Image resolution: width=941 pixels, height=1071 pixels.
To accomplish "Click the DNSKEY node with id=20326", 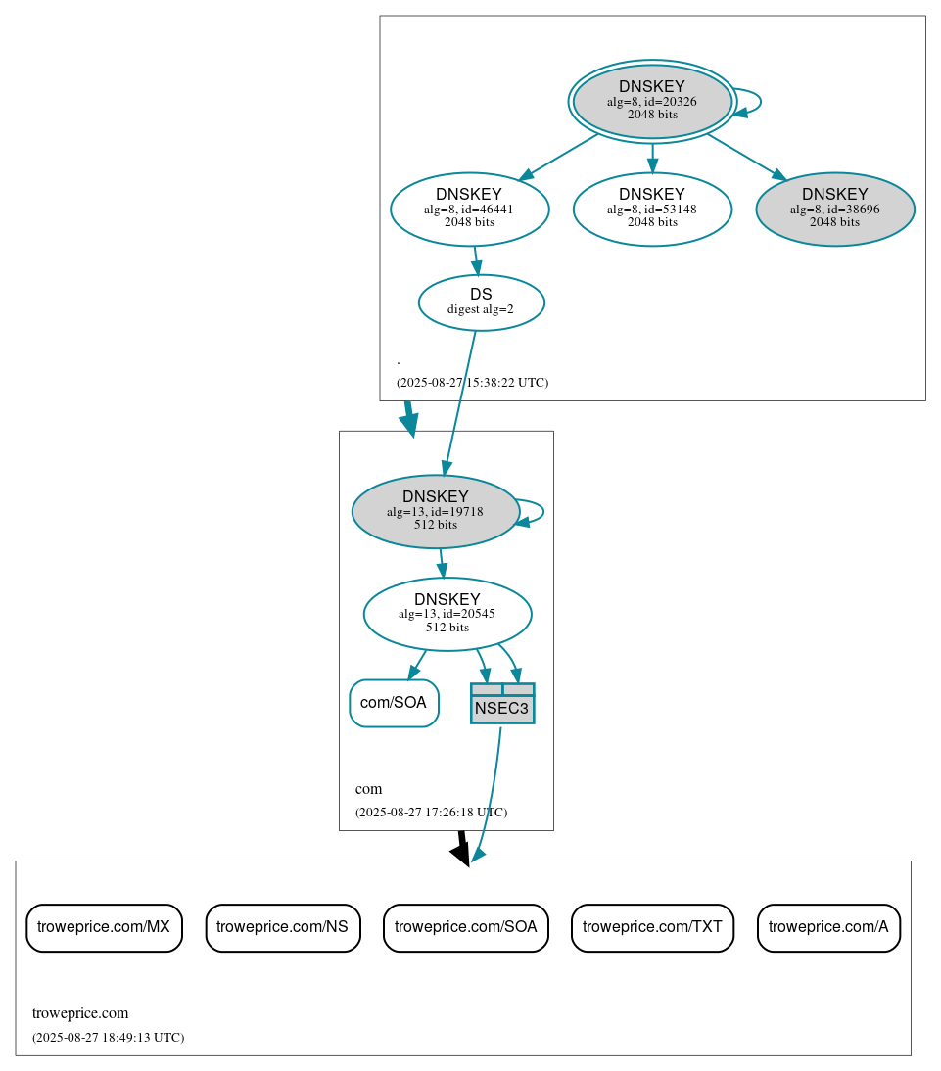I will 652,101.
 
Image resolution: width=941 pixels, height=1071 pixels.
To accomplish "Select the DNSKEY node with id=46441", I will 469,209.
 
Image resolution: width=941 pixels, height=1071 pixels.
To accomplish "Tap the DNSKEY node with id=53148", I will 652,209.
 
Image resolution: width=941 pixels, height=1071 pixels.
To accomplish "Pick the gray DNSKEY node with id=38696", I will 834,209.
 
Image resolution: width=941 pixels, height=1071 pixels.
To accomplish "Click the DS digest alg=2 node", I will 481,303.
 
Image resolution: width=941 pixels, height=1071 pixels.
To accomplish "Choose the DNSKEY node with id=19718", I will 435,511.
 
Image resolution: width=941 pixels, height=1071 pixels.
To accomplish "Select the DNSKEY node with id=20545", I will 447,614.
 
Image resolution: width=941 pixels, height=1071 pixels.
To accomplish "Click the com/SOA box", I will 394,703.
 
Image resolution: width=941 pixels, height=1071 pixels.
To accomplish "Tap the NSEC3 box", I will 502,704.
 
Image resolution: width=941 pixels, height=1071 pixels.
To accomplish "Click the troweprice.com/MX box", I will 104,927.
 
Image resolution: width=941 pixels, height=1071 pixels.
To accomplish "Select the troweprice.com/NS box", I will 283,927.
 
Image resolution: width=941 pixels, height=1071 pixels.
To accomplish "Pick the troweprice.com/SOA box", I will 465,927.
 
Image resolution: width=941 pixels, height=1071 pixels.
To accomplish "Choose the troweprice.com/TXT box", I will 652,927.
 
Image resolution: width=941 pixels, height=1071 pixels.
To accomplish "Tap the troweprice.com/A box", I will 828,927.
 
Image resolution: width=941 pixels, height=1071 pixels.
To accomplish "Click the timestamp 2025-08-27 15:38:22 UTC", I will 472,383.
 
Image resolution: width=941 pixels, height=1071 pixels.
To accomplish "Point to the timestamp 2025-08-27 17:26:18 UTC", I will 431,813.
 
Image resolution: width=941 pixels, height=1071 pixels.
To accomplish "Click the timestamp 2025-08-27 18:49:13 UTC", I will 108,1038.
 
